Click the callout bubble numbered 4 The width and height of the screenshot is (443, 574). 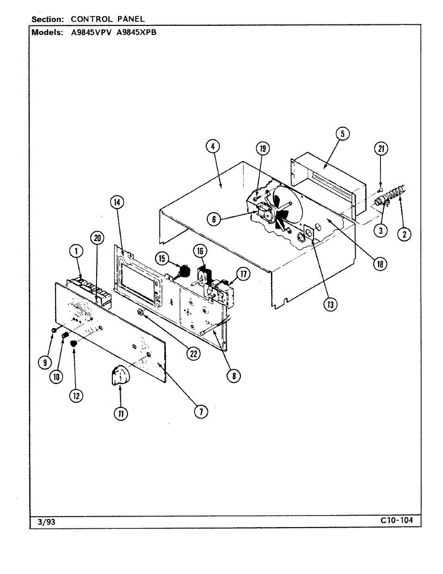(x=214, y=146)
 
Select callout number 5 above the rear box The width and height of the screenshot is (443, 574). (x=343, y=134)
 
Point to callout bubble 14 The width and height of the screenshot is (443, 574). (x=117, y=202)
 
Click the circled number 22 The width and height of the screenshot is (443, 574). (x=193, y=353)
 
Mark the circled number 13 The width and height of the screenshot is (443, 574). (x=330, y=304)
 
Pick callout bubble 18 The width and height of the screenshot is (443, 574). (x=380, y=264)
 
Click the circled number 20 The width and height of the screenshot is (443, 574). (x=97, y=238)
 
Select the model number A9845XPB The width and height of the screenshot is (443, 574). (x=137, y=33)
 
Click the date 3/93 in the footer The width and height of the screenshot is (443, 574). (x=46, y=522)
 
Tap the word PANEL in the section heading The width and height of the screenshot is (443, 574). (x=129, y=19)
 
